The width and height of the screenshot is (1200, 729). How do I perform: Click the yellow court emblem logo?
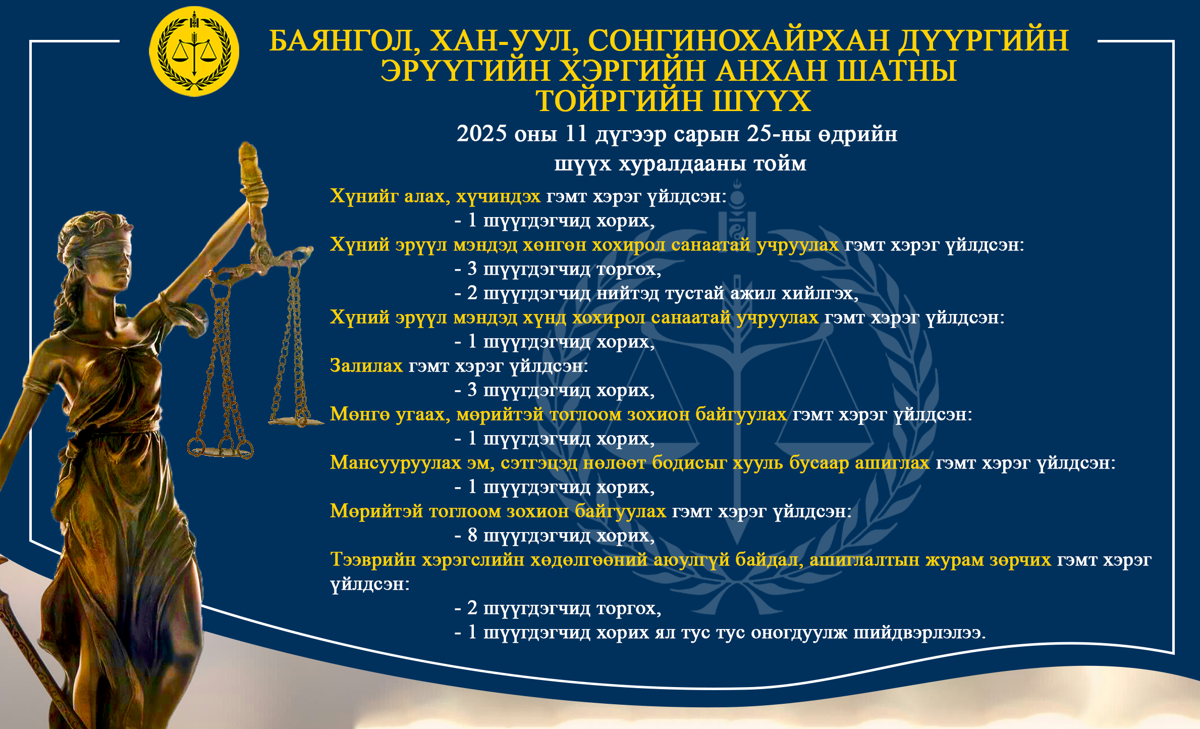[x=194, y=51]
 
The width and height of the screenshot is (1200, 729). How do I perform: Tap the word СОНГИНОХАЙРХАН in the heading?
[x=738, y=40]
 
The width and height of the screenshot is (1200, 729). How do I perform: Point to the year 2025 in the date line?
[x=481, y=134]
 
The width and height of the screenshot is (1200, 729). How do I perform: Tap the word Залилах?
[x=366, y=365]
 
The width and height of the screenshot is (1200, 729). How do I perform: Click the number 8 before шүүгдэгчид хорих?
[x=472, y=535]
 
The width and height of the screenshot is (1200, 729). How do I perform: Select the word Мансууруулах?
[x=396, y=462]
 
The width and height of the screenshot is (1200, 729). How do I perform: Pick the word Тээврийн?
[x=373, y=559]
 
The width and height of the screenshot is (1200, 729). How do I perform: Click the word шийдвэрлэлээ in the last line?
[x=919, y=632]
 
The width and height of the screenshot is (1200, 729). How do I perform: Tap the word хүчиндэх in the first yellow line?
[x=498, y=196]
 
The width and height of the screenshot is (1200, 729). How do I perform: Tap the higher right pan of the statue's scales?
[x=296, y=420]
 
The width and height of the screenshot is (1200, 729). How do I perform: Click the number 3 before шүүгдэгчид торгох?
[x=472, y=269]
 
